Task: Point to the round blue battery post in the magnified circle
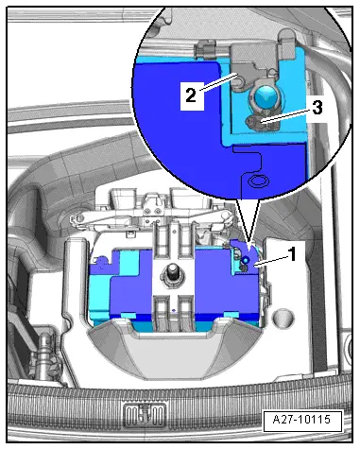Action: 266,97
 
